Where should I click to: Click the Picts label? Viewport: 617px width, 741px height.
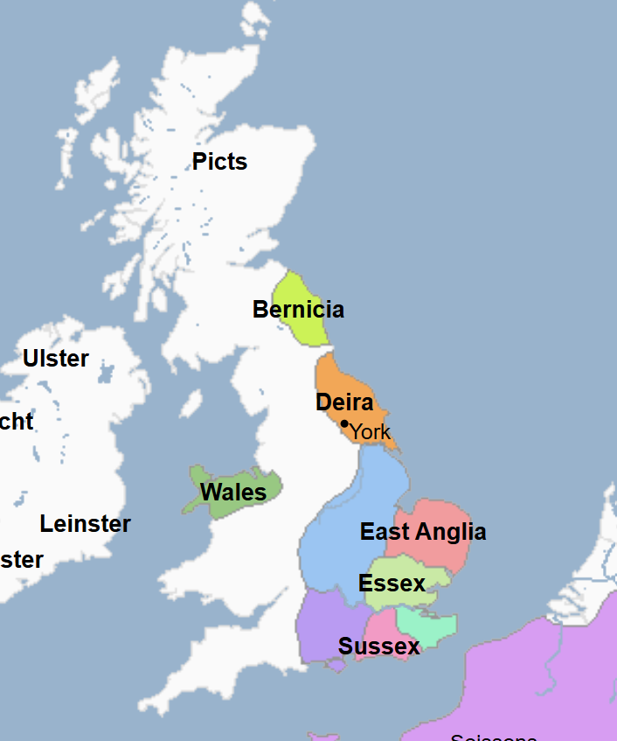pos(219,162)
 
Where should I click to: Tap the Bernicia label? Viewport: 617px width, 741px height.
pos(298,310)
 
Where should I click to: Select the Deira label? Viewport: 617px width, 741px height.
pos(344,402)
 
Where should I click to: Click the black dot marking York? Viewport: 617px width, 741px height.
pos(344,423)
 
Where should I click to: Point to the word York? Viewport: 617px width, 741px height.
pos(371,431)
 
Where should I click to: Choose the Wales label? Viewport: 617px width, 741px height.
pos(233,493)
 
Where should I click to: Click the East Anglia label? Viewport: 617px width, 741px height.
pos(423,532)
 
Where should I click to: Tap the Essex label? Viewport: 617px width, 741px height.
pos(392,584)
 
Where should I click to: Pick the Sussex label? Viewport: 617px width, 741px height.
pos(379,647)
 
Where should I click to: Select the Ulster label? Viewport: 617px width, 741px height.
pos(56,359)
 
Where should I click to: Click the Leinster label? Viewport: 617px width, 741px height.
pos(85,524)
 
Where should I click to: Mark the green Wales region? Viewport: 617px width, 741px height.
pos(262,486)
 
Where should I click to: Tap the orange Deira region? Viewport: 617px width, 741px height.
pos(336,376)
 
